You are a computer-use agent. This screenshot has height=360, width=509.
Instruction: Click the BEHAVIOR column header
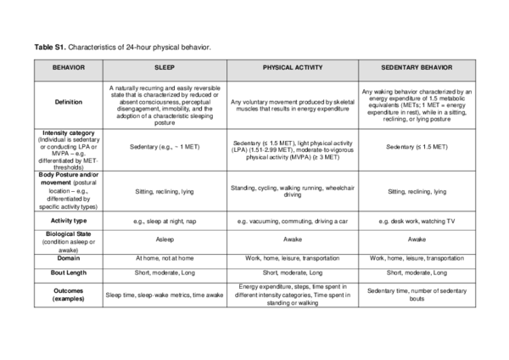(68, 67)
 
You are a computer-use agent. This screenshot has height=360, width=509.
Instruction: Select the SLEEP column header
(165, 67)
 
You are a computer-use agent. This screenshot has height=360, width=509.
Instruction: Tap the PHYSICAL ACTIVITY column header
(291, 67)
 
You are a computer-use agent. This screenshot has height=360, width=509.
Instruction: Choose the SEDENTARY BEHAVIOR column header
(416, 67)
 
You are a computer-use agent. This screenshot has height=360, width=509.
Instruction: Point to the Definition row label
(68, 103)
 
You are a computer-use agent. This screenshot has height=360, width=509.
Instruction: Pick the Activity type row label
(68, 220)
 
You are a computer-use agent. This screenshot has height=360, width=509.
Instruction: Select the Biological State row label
(68, 239)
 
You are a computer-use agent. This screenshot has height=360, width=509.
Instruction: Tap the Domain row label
(68, 257)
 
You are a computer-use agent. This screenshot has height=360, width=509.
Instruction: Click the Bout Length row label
(68, 273)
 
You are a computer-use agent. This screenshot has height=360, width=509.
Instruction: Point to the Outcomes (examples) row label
(68, 294)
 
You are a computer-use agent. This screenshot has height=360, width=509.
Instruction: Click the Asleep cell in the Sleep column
(165, 239)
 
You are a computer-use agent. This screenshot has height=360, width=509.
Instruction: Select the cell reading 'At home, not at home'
(165, 257)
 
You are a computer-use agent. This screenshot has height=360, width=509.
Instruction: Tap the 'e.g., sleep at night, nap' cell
(165, 220)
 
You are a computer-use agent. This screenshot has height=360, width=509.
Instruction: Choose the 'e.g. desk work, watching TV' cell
(416, 220)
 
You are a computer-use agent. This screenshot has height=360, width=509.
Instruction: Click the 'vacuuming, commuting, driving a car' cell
(291, 220)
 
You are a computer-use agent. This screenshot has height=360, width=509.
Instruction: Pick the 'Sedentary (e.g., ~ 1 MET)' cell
(165, 147)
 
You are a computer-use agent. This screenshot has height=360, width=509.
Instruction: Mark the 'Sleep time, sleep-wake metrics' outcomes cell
(165, 295)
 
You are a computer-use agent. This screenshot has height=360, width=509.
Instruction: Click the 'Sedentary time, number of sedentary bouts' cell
(416, 295)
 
